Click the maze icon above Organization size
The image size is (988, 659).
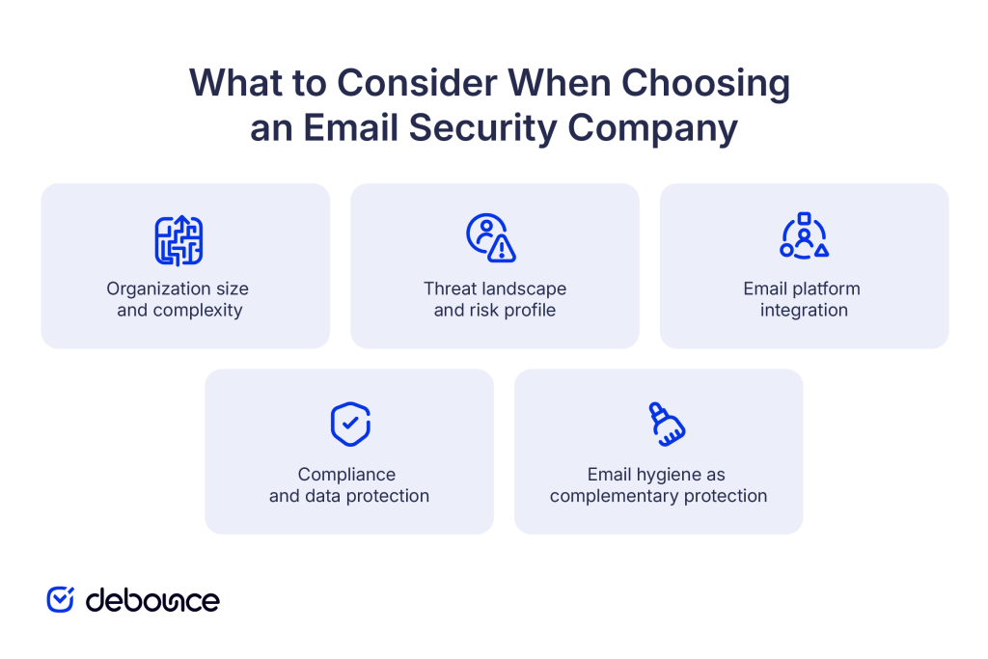click(178, 240)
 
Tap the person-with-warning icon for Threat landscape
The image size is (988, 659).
click(490, 238)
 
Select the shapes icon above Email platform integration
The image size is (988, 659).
click(804, 236)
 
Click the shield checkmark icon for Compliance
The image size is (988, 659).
click(349, 425)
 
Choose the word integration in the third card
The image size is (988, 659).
click(804, 311)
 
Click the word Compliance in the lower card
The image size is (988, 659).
click(346, 475)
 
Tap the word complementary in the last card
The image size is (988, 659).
click(613, 496)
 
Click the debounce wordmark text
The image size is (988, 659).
click(152, 600)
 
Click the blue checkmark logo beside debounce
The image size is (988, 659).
click(61, 599)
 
